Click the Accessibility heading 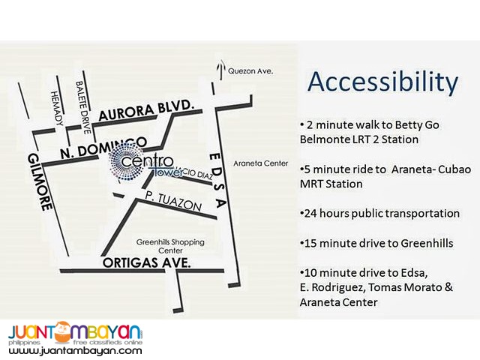pyautogui.click(x=383, y=82)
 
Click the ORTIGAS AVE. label pyautogui.click(x=147, y=263)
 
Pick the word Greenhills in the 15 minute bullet pyautogui.click(x=415, y=244)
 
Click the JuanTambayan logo pyautogui.click(x=75, y=332)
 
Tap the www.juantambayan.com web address pyautogui.click(x=75, y=350)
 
